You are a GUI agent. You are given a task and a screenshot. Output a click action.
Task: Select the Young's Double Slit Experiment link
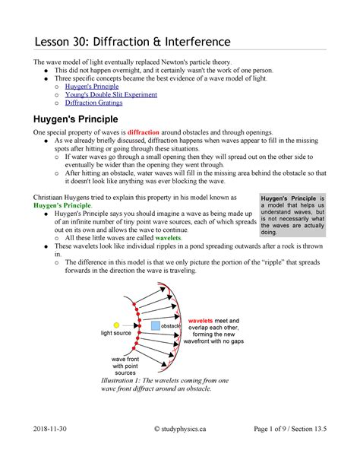pyautogui.click(x=110, y=96)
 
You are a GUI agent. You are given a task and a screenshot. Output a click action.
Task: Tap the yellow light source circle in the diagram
pyautogui.click(x=116, y=324)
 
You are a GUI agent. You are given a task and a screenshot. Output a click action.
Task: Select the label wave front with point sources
pyautogui.click(x=124, y=365)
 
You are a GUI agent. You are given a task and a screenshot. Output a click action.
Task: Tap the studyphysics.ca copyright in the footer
pyautogui.click(x=180, y=449)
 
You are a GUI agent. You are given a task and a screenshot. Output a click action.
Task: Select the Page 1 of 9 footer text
pyautogui.click(x=285, y=449)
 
